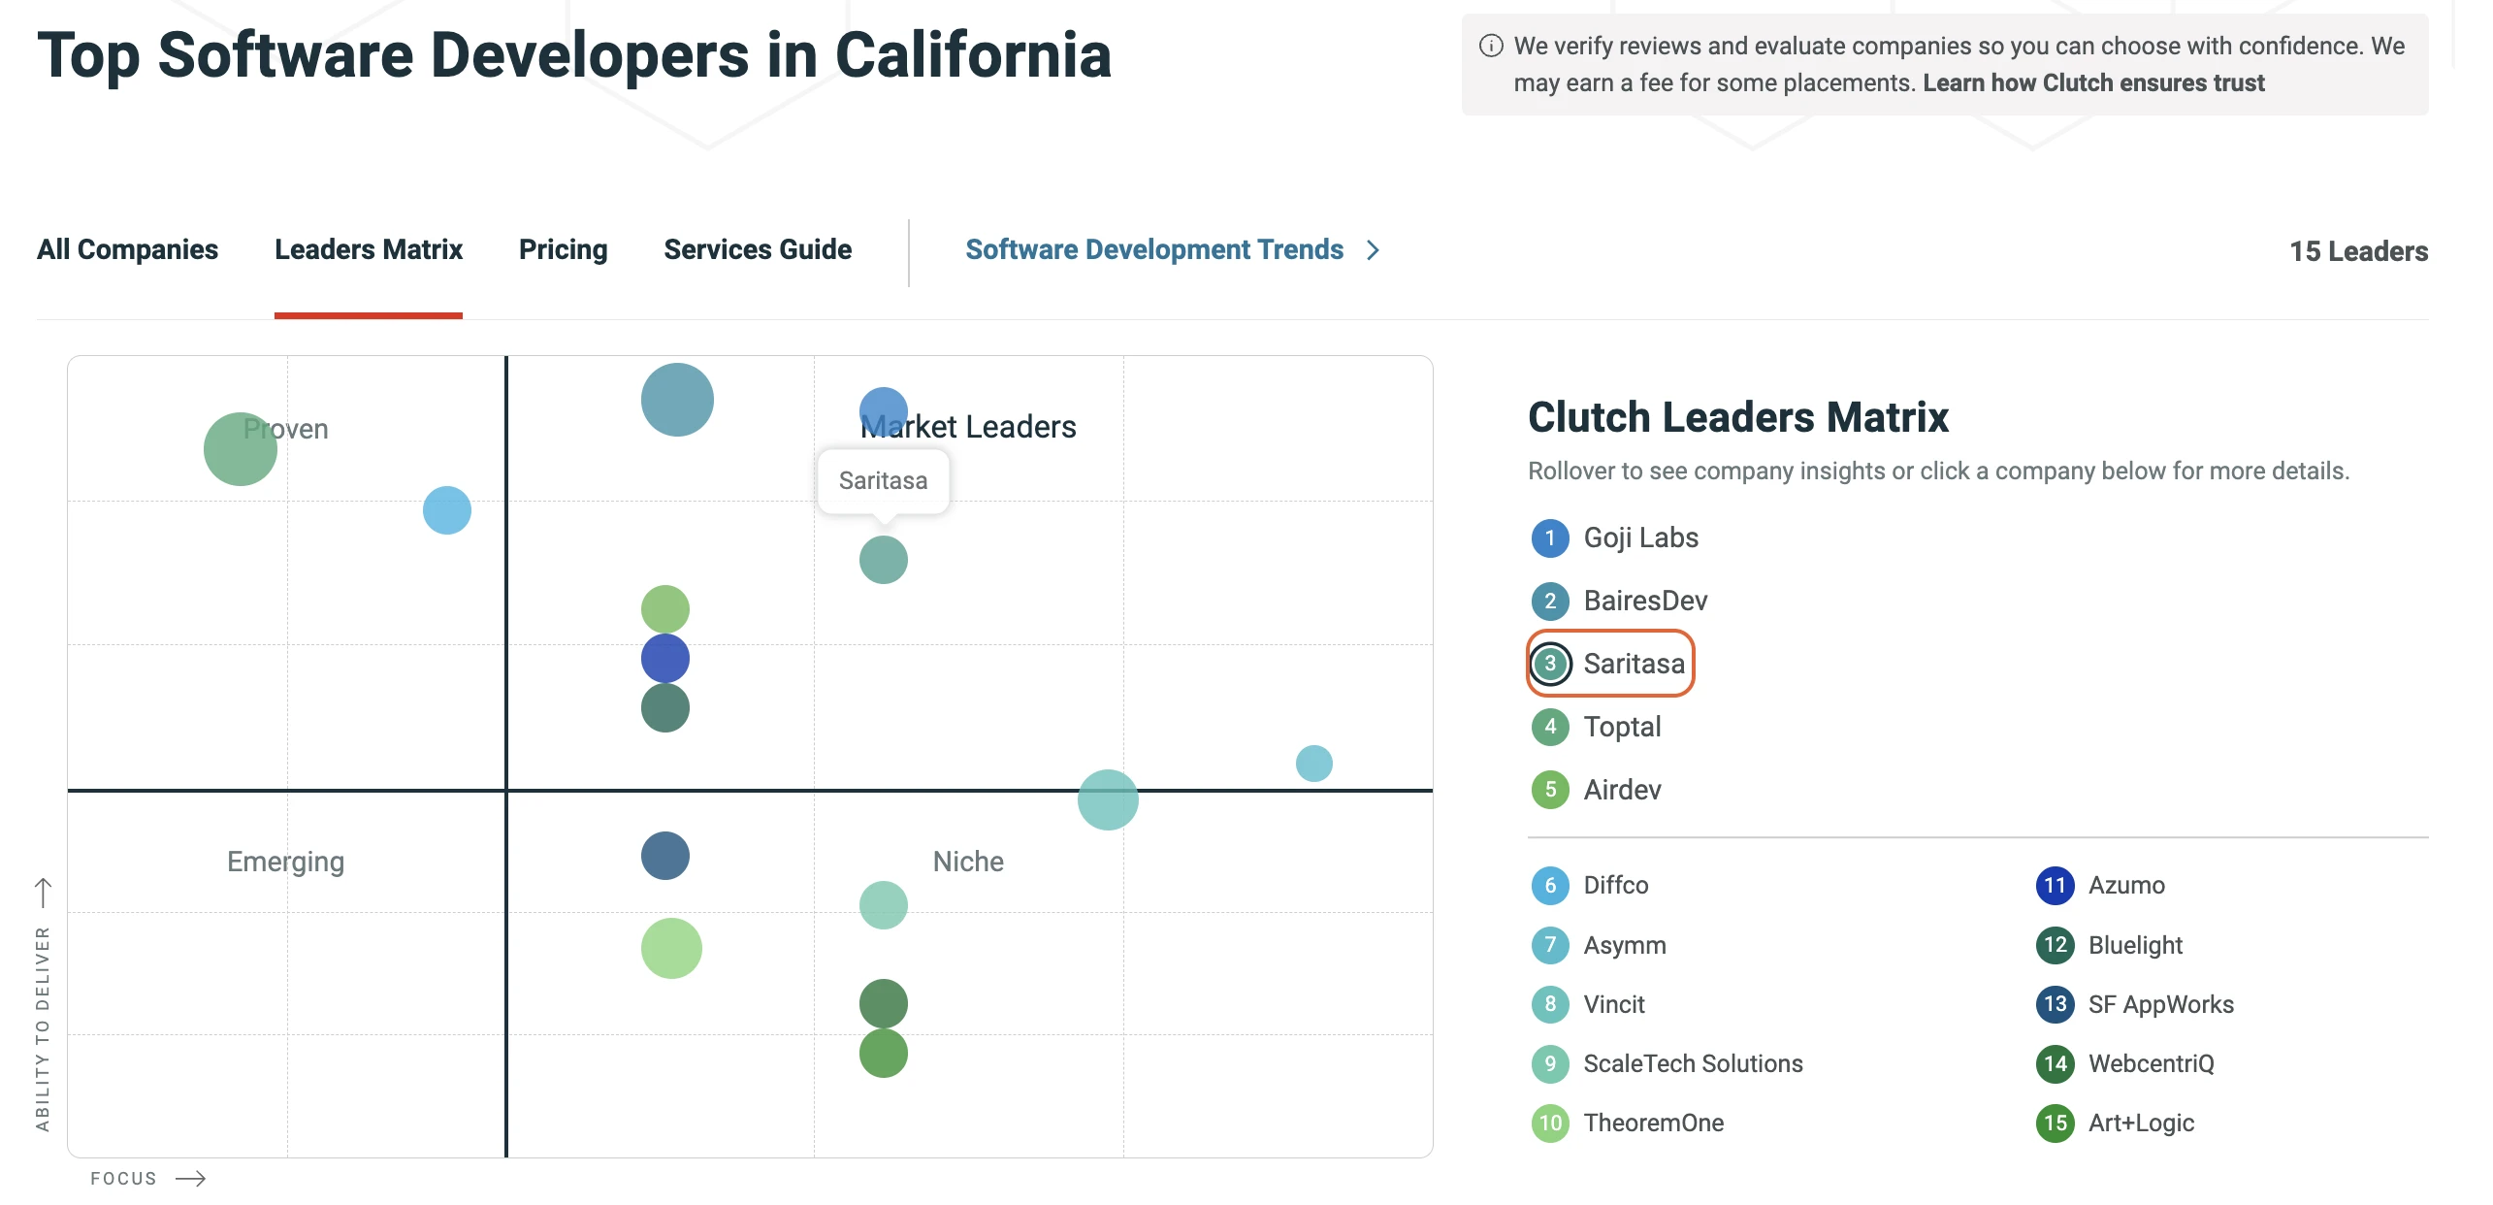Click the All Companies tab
tap(127, 249)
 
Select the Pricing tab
tap(563, 249)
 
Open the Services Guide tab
tap(758, 249)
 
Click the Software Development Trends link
tap(1154, 249)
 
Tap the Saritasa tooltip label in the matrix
tap(883, 480)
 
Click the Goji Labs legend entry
tap(1640, 537)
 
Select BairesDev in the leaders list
tap(1645, 601)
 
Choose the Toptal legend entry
tap(1622, 727)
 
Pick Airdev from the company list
tap(1622, 790)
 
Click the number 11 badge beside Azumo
tap(2055, 885)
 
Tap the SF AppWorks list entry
tap(2160, 1004)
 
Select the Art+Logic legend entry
tap(2141, 1123)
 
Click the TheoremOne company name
tap(1653, 1123)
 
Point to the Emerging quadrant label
tap(285, 862)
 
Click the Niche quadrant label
tap(968, 862)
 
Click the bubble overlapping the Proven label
tap(240, 449)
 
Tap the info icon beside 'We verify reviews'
tap(1491, 46)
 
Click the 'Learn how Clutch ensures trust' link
tap(2093, 82)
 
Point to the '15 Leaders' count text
tap(2358, 251)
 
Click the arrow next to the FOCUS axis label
tap(191, 1179)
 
